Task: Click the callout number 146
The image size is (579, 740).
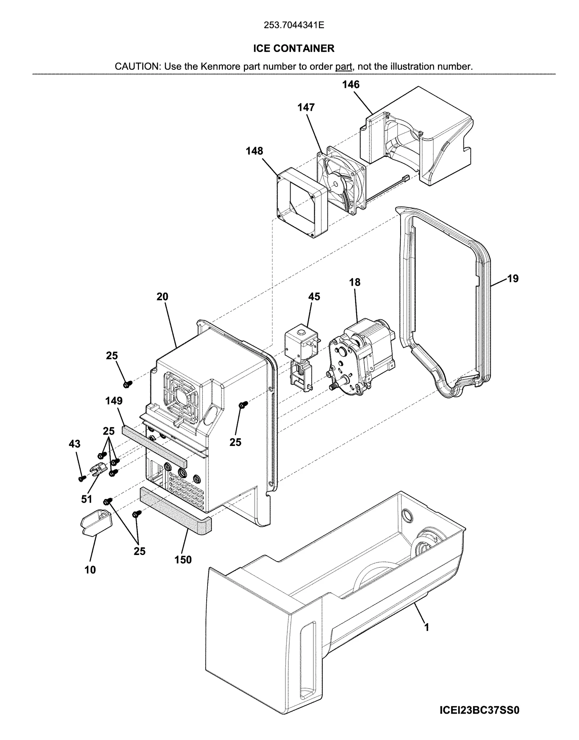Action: [x=351, y=85]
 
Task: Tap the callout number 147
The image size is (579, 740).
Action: [x=306, y=107]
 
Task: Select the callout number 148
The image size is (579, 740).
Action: [x=254, y=151]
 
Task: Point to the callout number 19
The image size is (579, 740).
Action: [x=512, y=278]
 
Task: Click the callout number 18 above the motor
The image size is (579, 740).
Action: [x=355, y=282]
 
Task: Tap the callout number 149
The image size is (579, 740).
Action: [x=114, y=401]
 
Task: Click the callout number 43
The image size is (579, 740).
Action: [x=75, y=444]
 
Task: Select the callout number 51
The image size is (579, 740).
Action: [x=86, y=499]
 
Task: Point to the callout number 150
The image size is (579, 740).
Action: [x=183, y=560]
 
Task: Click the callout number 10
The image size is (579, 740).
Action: [x=90, y=570]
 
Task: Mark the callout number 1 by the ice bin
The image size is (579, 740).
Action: [x=427, y=628]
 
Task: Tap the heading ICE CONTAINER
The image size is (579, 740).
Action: [x=293, y=48]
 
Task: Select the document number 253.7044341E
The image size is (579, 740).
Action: [x=293, y=25]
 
